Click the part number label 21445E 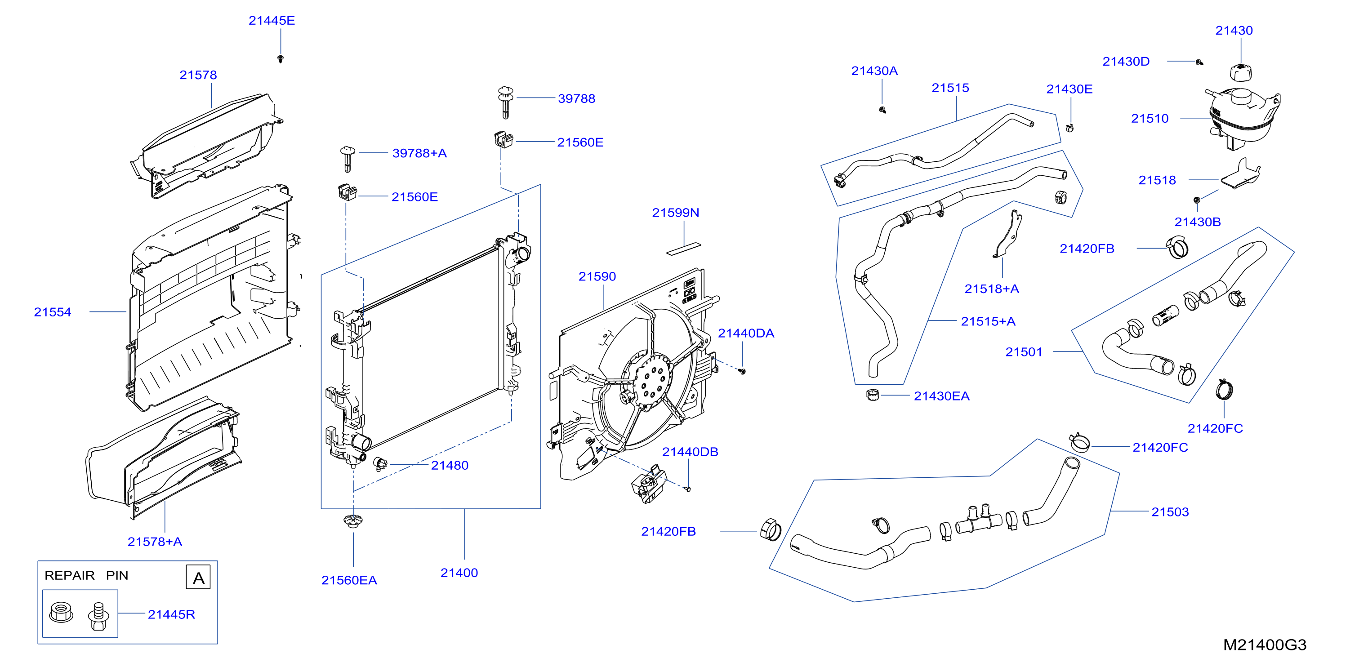pos(272,21)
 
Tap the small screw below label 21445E pos(281,58)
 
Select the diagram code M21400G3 pos(1265,645)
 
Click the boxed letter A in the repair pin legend pos(198,578)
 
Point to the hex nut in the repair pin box pos(61,613)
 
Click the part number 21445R pos(171,614)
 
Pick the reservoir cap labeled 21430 pos(1241,73)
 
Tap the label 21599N pos(676,213)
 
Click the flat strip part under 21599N pos(684,249)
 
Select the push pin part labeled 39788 pos(505,102)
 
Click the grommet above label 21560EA pos(353,520)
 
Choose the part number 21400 pos(459,573)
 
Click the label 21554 pos(52,312)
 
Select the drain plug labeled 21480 pos(380,463)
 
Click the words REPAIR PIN pos(86,575)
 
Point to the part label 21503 pos(1170,512)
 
